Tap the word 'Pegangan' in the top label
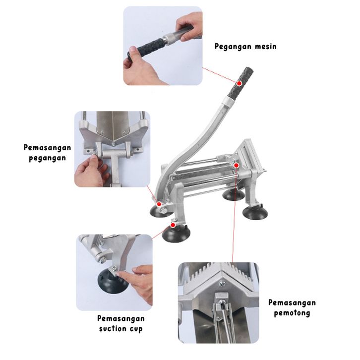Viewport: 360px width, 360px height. (233, 47)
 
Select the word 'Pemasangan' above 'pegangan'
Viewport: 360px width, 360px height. (48, 148)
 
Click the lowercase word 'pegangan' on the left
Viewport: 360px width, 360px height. (48, 158)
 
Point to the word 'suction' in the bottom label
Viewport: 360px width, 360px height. (113, 329)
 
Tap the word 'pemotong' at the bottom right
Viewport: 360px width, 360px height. (292, 313)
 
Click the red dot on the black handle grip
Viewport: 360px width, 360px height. (239, 83)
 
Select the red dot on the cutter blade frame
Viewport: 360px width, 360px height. (236, 165)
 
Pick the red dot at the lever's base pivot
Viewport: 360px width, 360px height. (159, 204)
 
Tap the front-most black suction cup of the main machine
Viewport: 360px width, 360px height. (176, 234)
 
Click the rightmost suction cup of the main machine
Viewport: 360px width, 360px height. (255, 212)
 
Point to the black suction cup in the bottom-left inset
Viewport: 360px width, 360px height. (113, 282)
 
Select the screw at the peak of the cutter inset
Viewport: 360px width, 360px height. (222, 284)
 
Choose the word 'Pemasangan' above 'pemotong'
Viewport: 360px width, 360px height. (292, 302)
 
